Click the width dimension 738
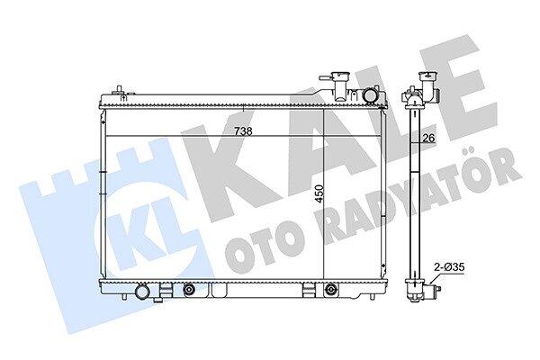tap(243, 131)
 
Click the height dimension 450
tap(319, 194)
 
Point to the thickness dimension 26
tap(428, 138)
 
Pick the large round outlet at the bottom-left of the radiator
tap(141, 292)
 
